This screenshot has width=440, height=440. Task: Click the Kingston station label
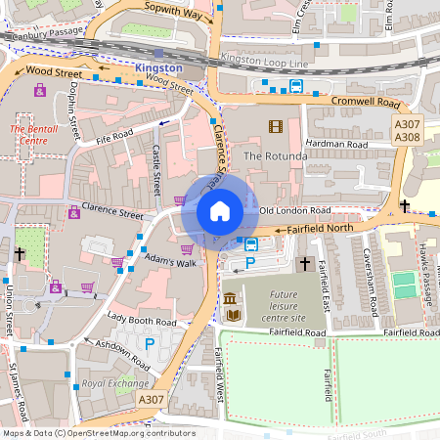(x=158, y=67)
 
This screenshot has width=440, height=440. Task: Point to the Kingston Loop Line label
(x=265, y=60)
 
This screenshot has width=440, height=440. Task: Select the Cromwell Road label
(x=365, y=102)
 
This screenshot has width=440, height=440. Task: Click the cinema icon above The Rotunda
(x=275, y=125)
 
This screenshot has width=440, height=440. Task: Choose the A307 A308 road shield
(x=407, y=131)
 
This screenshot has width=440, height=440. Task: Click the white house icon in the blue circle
(x=220, y=211)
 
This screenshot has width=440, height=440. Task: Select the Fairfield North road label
(x=319, y=229)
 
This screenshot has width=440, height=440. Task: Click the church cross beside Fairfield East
(x=304, y=264)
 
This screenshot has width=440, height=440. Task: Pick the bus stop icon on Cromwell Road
(x=296, y=86)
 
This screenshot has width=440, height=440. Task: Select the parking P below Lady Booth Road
(x=150, y=343)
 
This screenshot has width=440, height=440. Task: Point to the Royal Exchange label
(x=109, y=383)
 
